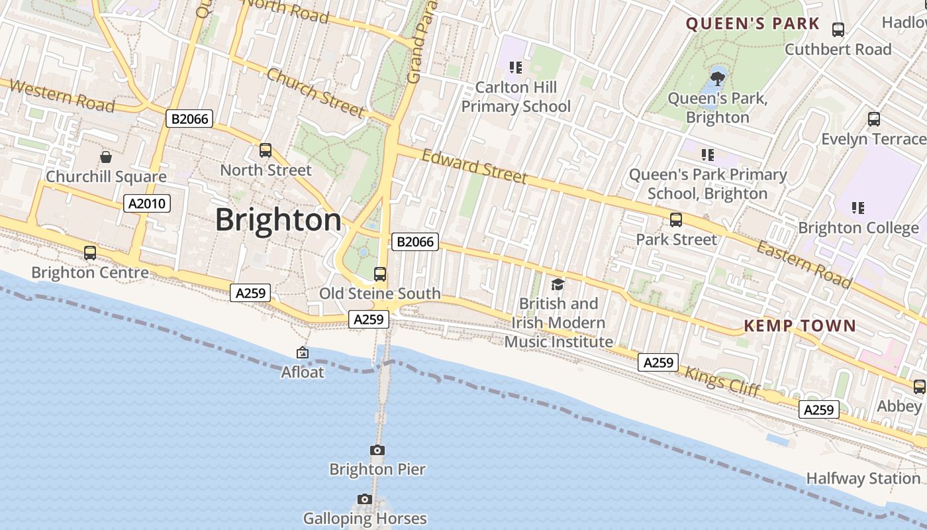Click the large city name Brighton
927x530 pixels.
pyautogui.click(x=278, y=220)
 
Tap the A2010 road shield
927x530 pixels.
pyautogui.click(x=147, y=203)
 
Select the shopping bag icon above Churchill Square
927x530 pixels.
pyautogui.click(x=106, y=157)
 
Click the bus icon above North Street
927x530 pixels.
pyautogui.click(x=266, y=150)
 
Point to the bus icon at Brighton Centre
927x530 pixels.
pyautogui.click(x=90, y=253)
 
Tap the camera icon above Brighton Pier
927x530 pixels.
pyautogui.click(x=377, y=450)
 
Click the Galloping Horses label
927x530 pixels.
pyautogui.click(x=365, y=518)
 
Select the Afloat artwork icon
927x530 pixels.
pyautogui.click(x=303, y=353)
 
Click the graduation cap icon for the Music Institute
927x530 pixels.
pyautogui.click(x=558, y=284)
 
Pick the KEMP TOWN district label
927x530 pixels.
pyautogui.click(x=800, y=326)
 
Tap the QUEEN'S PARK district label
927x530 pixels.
pyautogui.click(x=752, y=25)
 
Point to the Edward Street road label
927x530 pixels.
pyautogui.click(x=475, y=166)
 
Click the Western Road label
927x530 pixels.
pyautogui.click(x=62, y=96)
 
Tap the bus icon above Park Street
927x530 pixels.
pyautogui.click(x=676, y=220)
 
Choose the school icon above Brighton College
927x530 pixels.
pyautogui.click(x=858, y=208)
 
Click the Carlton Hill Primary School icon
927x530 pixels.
pyautogui.click(x=516, y=68)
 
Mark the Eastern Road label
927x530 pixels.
pyautogui.click(x=804, y=265)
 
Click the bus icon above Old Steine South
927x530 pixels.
pyautogui.click(x=380, y=274)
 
